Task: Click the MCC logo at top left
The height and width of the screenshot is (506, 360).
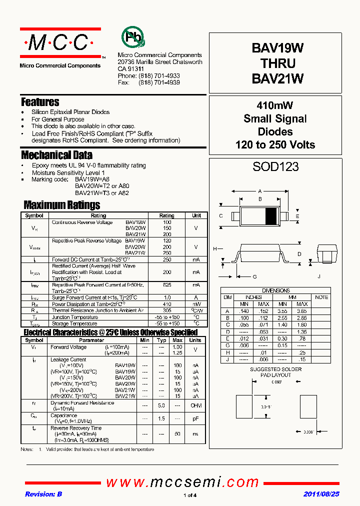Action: pyautogui.click(x=60, y=43)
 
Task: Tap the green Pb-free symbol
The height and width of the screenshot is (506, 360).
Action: pyautogui.click(x=132, y=37)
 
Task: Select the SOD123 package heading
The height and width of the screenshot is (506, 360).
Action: pyautogui.click(x=275, y=167)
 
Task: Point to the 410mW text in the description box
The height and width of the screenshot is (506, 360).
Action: pyautogui.click(x=275, y=105)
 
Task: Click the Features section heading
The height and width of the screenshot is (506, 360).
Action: pyautogui.click(x=40, y=102)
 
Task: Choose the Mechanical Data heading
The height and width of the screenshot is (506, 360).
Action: pyautogui.click(x=56, y=155)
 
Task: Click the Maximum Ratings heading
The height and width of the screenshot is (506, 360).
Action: pyautogui.click(x=62, y=205)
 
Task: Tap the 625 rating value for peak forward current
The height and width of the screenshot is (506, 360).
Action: pyautogui.click(x=166, y=284)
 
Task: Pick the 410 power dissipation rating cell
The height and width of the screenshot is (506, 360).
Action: pyautogui.click(x=166, y=304)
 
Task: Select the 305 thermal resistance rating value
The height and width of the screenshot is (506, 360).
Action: pyautogui.click(x=166, y=310)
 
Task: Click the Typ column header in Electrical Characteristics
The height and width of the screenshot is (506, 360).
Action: pyautogui.click(x=161, y=340)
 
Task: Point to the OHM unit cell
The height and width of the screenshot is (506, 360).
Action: pyautogui.click(x=195, y=405)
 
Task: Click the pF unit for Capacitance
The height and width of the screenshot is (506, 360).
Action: pyautogui.click(x=195, y=418)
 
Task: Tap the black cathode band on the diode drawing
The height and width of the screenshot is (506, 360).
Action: pyautogui.click(x=270, y=215)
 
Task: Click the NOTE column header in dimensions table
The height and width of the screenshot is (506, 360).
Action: pyautogui.click(x=321, y=297)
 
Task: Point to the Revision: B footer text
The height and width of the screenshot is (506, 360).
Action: pyautogui.click(x=43, y=494)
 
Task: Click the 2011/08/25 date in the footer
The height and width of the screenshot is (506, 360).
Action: pyautogui.click(x=321, y=494)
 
